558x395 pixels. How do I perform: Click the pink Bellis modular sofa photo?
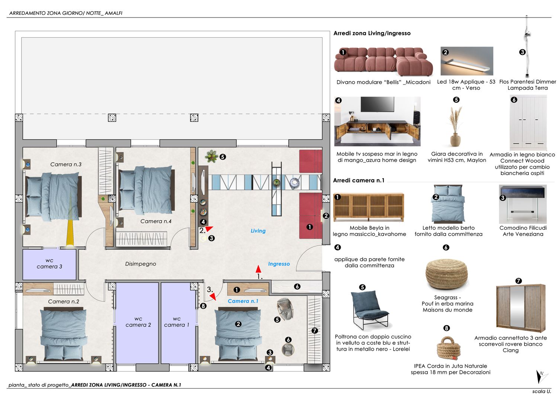(383, 61)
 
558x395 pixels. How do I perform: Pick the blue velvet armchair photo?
(370, 310)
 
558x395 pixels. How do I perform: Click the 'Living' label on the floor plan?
(258, 231)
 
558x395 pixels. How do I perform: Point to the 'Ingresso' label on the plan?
(279, 264)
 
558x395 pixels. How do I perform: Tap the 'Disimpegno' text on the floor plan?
(141, 264)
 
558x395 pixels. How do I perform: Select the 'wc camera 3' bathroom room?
(49, 265)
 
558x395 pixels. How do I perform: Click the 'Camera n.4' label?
(156, 221)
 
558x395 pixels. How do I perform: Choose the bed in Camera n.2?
(64, 334)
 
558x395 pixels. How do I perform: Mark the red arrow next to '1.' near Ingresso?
(258, 269)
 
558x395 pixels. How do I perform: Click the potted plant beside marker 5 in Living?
(211, 156)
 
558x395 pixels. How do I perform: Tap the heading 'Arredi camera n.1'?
(359, 180)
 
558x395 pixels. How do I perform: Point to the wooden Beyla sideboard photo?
(368, 207)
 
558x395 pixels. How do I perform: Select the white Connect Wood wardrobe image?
(528, 123)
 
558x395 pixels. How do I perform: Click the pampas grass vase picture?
(456, 126)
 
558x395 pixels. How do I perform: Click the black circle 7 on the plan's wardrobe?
(315, 331)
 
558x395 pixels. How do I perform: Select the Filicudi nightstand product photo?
(523, 204)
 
